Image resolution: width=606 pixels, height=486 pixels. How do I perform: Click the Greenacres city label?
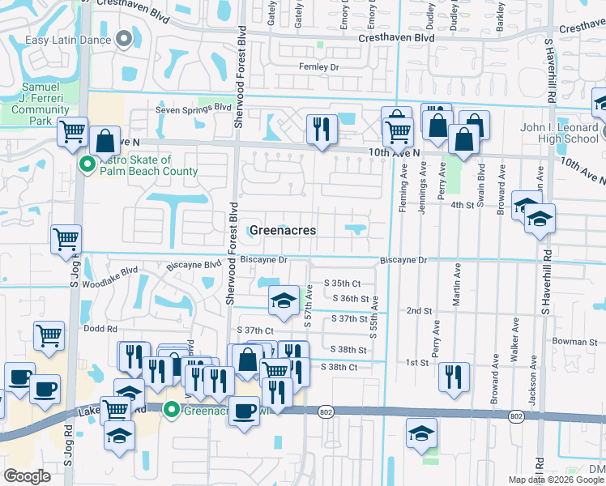pyautogui.click(x=282, y=230)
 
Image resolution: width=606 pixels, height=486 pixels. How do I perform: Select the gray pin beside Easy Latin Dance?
pyautogui.click(x=124, y=38)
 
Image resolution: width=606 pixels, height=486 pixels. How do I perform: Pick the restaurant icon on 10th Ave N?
pyautogui.click(x=322, y=130)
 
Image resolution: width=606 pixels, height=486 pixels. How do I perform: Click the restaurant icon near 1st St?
pyautogui.click(x=454, y=377)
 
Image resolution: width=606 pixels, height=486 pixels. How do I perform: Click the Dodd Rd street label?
pyautogui.click(x=100, y=329)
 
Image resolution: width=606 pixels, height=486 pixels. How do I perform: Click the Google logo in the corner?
pyautogui.click(x=28, y=476)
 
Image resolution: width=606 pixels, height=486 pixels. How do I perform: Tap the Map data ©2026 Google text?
pyautogui.click(x=556, y=480)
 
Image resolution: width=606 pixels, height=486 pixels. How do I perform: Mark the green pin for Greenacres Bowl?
pyautogui.click(x=171, y=410)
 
